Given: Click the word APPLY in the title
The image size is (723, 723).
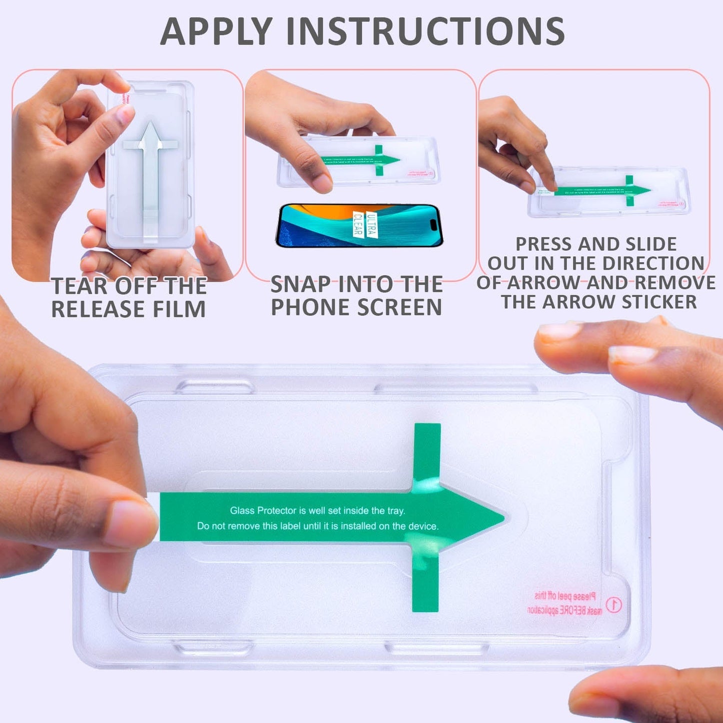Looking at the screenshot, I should [x=216, y=32].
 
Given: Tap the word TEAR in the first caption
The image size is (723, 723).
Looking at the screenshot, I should [x=80, y=286].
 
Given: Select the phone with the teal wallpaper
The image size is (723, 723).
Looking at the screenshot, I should [x=359, y=225].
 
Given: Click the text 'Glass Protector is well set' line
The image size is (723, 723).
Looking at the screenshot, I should [x=317, y=511].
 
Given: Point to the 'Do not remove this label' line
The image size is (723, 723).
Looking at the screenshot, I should [x=317, y=526].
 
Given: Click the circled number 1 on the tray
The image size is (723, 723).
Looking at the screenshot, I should [x=613, y=604].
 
